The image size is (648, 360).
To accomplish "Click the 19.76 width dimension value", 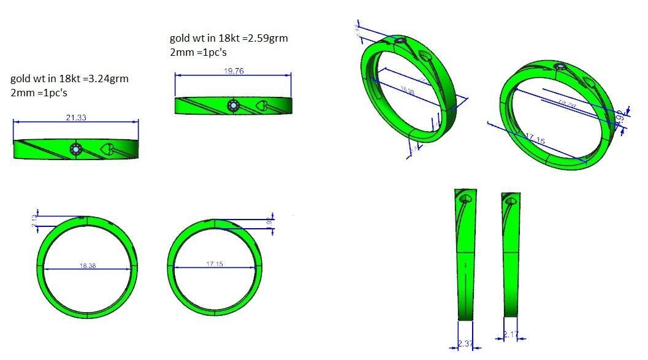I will coord(234,71).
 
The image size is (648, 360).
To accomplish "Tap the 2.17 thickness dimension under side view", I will coord(511,335).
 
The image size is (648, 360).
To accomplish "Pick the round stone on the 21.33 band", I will coord(76,149).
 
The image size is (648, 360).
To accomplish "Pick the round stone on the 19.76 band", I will coord(233,106).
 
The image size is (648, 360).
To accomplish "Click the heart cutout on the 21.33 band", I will coord(107,148).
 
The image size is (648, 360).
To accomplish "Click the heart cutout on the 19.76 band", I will coord(261,106).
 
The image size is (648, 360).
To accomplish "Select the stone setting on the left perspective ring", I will coord(401,42).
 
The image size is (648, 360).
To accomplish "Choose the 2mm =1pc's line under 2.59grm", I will coord(197,52).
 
